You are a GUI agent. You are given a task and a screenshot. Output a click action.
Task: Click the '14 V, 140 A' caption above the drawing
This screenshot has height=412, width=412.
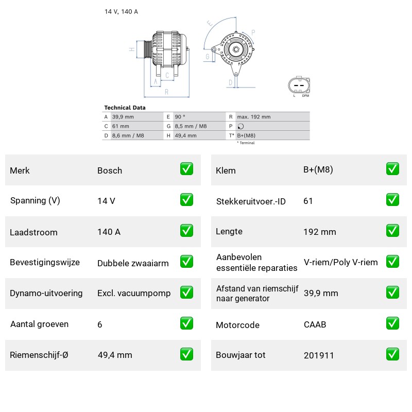tap(121, 11)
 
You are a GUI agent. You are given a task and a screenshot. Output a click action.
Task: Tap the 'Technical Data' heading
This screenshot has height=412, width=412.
tap(125, 108)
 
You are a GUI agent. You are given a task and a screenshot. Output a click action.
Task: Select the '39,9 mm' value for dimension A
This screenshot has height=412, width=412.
tap(123, 117)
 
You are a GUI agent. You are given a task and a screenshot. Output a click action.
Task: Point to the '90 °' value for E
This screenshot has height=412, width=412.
tap(180, 117)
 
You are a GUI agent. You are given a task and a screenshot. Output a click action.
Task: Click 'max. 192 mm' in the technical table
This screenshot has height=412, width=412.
tap(254, 117)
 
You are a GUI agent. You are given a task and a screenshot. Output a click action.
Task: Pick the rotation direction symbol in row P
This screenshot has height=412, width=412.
tap(241, 126)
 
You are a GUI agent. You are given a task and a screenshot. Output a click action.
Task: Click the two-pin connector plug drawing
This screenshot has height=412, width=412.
tap(299, 85)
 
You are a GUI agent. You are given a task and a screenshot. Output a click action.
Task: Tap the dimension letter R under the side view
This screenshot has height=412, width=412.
tap(166, 92)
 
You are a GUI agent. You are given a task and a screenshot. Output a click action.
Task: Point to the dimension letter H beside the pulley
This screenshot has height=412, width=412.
tap(132, 49)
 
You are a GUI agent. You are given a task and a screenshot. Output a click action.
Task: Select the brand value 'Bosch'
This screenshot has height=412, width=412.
tap(110, 170)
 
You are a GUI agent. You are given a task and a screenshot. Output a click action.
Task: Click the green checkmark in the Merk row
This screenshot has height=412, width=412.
tap(186, 169)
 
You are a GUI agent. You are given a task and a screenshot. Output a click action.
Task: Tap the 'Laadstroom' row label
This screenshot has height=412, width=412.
tap(33, 232)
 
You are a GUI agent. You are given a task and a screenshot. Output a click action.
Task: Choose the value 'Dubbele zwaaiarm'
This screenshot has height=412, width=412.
tap(133, 263)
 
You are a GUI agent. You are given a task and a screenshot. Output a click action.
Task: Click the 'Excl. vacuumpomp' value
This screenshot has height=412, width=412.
tap(134, 293)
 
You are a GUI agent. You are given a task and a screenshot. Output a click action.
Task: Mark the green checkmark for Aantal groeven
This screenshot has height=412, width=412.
tap(186, 323)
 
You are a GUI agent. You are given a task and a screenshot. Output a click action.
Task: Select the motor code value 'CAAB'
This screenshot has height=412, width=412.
tap(315, 324)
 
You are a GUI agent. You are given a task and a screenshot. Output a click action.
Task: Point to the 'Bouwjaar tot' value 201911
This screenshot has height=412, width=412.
tap(319, 355)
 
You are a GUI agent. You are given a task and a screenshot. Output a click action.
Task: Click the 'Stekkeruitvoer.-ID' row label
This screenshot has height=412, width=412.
tap(251, 201)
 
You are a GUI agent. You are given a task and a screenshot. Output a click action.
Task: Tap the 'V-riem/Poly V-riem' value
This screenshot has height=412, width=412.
tap(341, 262)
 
